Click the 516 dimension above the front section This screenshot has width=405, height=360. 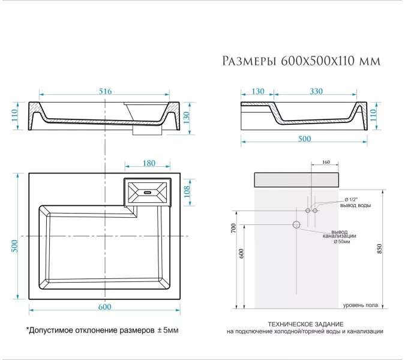click(x=105, y=91)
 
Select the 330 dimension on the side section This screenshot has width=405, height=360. click(x=316, y=91)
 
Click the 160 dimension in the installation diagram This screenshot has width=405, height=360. click(x=326, y=162)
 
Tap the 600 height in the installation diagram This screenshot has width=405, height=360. click(x=241, y=254)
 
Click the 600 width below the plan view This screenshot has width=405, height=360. click(x=104, y=307)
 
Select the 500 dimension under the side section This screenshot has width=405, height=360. click(x=304, y=139)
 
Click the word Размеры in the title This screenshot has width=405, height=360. click(x=248, y=61)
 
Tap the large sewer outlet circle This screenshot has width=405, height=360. click(x=296, y=224)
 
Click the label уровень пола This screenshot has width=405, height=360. click(x=359, y=305)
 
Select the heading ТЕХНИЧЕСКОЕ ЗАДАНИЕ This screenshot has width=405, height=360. click(x=304, y=323)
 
